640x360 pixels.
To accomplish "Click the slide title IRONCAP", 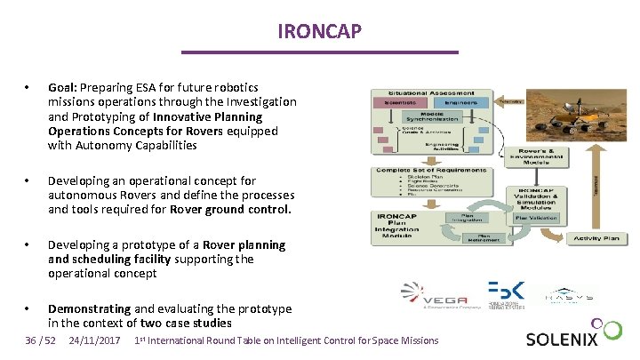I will pos(319,32).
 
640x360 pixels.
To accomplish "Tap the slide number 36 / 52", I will pos(41,340).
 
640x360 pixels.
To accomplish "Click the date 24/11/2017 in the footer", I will pos(94,340).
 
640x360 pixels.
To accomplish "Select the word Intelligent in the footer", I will pos(308,340).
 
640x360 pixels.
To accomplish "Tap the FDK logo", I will pos(507,294).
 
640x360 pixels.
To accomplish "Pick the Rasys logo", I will pos(569,295).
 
